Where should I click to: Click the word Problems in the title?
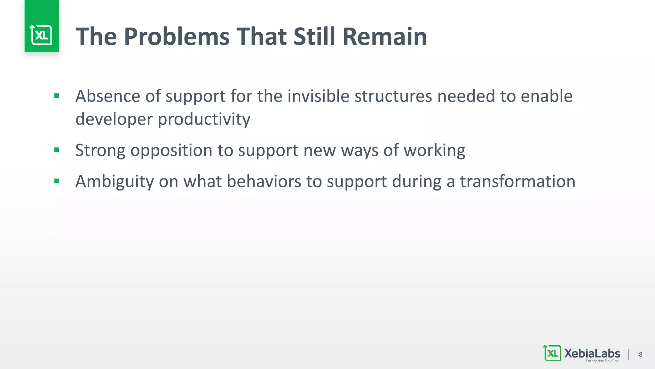click(177, 37)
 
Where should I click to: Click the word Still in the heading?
click(314, 37)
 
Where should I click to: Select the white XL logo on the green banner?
click(41, 35)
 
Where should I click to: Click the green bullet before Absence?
click(57, 96)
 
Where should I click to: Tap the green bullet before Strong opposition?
click(57, 150)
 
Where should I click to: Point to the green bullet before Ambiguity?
click(57, 181)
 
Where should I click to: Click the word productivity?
click(204, 119)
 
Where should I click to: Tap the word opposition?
click(171, 150)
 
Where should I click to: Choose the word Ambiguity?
click(114, 181)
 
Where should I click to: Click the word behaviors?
click(264, 181)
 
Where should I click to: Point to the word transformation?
click(517, 181)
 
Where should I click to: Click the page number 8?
click(640, 354)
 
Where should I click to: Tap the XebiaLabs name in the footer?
click(592, 353)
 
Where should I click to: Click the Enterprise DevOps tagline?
click(602, 361)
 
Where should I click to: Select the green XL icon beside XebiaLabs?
click(552, 353)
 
